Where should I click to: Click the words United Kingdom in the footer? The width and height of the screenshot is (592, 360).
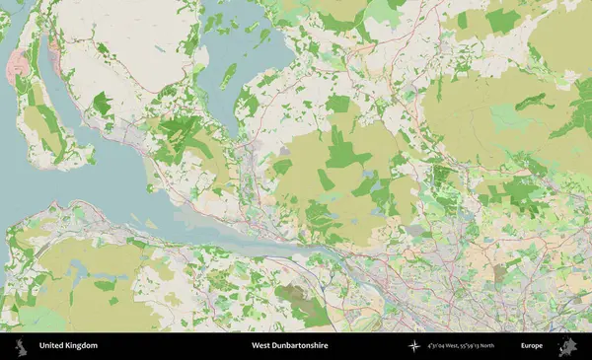click(x=68, y=346)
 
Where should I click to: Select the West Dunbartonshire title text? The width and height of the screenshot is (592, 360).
click(x=289, y=346)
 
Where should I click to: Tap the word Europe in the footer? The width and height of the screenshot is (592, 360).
click(x=532, y=346)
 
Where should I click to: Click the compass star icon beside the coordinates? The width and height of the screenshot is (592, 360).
click(x=414, y=346)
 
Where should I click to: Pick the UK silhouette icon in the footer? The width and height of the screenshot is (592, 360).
click(x=20, y=346)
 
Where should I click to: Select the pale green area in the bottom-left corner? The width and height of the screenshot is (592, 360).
click(x=39, y=320)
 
